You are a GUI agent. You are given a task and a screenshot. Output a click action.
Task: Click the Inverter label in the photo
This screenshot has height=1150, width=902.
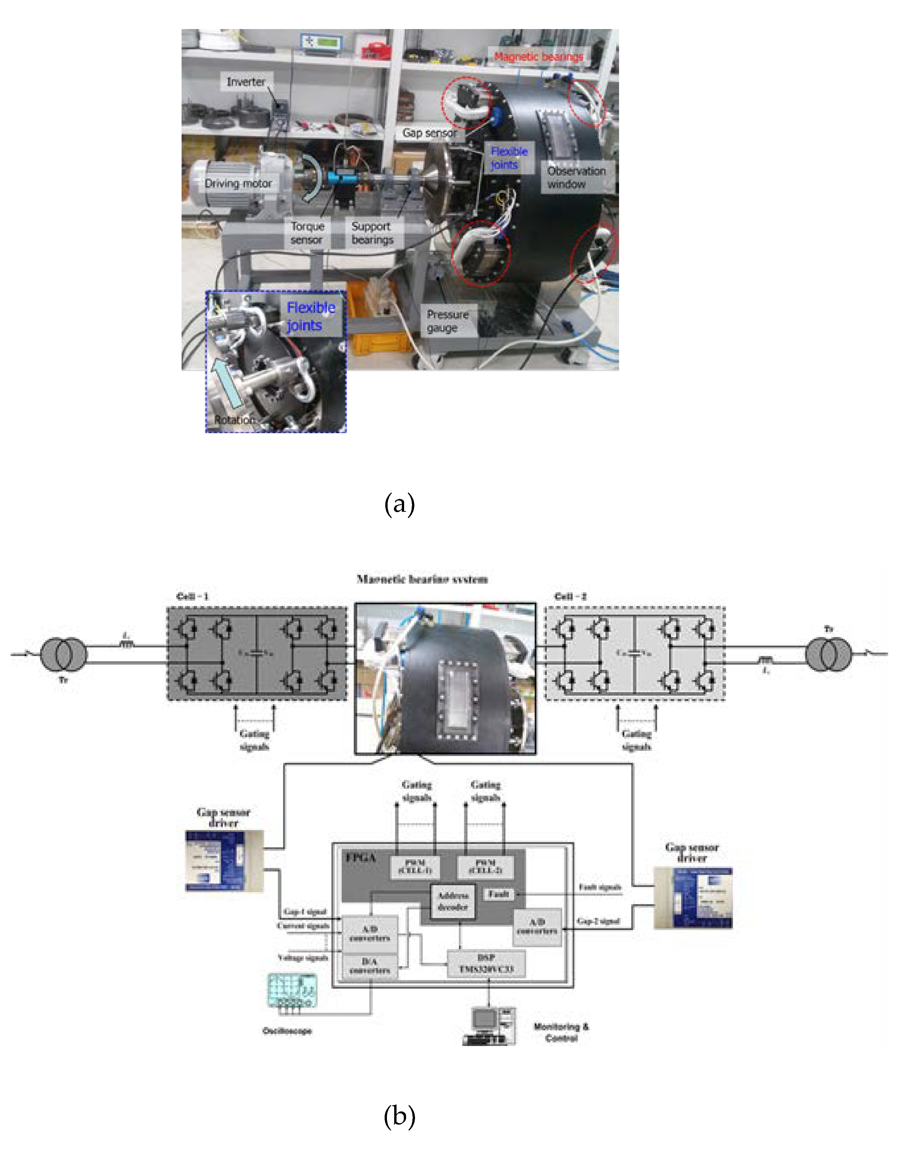point(246,82)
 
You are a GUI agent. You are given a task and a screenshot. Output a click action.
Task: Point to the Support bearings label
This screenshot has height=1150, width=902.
point(372,233)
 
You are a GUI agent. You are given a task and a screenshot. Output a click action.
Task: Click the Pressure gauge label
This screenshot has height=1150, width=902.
point(448,321)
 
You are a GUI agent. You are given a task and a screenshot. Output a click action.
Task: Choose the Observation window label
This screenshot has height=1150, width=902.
point(576,177)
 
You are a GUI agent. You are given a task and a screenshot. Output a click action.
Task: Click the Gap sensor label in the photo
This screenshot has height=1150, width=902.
point(429,133)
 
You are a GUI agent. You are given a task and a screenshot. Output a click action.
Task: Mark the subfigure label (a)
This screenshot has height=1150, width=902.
point(399,504)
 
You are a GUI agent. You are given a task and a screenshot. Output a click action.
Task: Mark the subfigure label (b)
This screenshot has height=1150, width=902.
point(399,1116)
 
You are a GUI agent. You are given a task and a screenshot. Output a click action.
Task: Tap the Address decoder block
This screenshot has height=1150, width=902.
point(453,901)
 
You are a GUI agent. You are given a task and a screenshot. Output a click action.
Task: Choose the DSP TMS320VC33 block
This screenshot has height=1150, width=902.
point(486,963)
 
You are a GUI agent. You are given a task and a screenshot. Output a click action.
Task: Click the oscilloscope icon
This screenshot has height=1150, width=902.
point(292,991)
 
